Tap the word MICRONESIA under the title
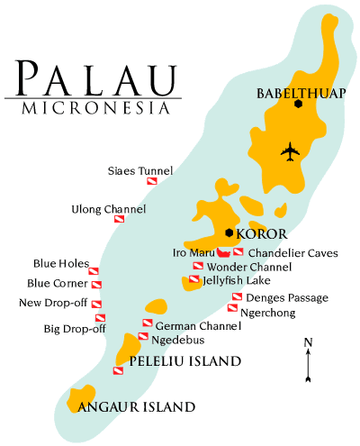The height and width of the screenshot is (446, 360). coord(94,109)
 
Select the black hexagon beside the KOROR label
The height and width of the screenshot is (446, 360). coord(229,233)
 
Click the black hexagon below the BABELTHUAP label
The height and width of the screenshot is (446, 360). coord(297,104)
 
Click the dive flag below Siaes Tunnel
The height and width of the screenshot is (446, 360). coord(152,182)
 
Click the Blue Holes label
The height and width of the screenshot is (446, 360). coord(60,264)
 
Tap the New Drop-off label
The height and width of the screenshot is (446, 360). coord(52,302)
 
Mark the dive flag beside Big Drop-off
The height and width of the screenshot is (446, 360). coord(101,317)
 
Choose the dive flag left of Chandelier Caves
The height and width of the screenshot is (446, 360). coord(238,252)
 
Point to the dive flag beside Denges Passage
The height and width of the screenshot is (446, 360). coord(237,296)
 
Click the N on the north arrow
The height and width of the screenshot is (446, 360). coord(308,341)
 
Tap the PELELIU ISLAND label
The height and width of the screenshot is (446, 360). coord(184,361)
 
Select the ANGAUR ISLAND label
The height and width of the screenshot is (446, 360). coord(137,407)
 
